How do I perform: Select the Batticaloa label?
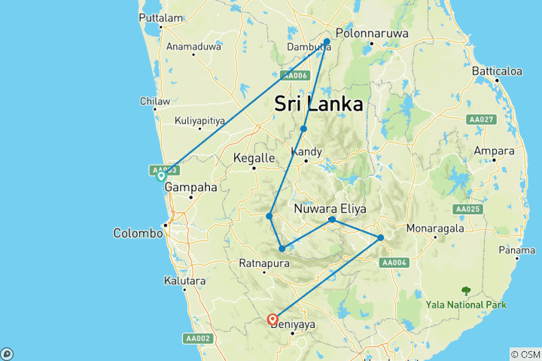(497, 71)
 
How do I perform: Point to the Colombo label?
(138, 233)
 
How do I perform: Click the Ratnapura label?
(261, 263)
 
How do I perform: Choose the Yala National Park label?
(466, 305)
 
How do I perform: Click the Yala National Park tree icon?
(466, 290)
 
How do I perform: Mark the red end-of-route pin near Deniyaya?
(273, 320)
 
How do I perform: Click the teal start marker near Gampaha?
(160, 177)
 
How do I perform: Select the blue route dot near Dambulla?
(327, 41)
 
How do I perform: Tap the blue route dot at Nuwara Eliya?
(332, 220)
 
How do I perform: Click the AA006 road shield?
(295, 75)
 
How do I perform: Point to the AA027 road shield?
(480, 120)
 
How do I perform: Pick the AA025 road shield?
(467, 208)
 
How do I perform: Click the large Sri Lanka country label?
(318, 104)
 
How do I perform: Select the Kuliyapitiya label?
(200, 120)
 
